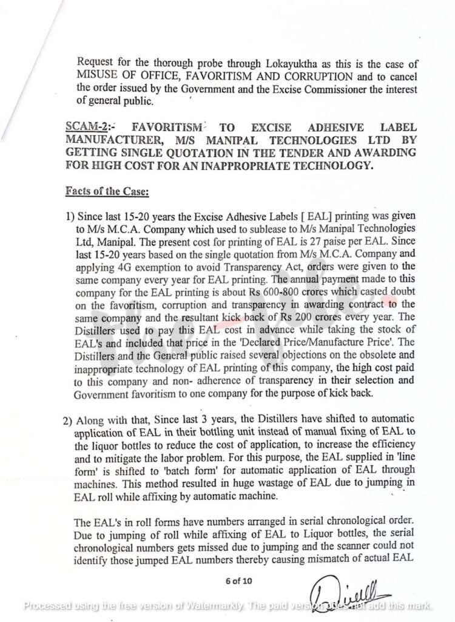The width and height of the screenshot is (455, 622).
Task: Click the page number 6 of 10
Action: click(x=238, y=580)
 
